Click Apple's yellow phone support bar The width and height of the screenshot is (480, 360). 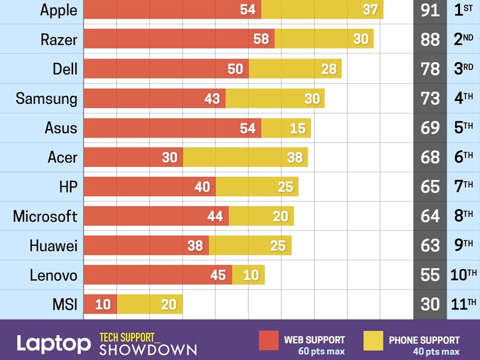[x=322, y=9]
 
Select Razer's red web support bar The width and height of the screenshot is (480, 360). [x=178, y=39]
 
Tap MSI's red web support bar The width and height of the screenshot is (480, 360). [x=100, y=305]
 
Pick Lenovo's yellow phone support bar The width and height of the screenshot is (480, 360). [x=249, y=275]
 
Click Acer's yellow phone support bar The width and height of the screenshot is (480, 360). [x=245, y=158]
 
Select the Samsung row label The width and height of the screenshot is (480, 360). [x=47, y=98]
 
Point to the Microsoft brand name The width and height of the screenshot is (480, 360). [x=45, y=216]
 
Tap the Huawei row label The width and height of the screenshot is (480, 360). [x=54, y=245]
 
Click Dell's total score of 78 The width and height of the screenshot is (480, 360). [x=430, y=69]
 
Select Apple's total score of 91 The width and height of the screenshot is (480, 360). [x=430, y=10]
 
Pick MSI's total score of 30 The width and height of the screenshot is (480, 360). [x=430, y=305]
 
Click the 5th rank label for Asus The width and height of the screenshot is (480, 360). [x=463, y=128]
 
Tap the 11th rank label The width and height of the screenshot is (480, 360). [x=463, y=305]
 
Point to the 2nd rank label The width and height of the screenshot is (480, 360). [x=463, y=39]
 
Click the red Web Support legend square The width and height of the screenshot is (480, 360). [x=269, y=340]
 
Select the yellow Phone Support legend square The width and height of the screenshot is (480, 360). [x=373, y=340]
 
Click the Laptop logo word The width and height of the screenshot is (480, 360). [x=54, y=343]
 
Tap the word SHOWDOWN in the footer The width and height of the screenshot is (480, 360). [x=148, y=349]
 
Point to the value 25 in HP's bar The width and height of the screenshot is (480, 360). [x=286, y=187]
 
